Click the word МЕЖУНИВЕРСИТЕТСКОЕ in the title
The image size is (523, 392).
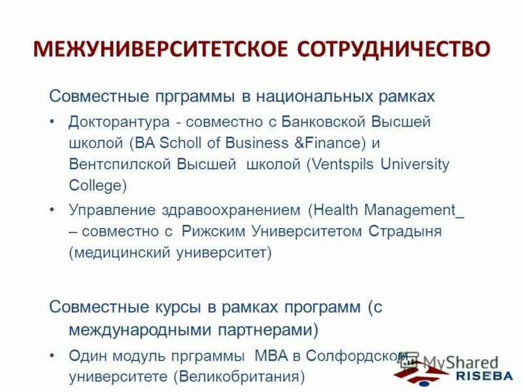[x=160, y=50]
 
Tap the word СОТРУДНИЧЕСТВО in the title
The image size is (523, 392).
[x=394, y=50]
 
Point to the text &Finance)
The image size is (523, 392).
[x=329, y=143]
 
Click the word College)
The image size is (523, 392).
[x=98, y=185]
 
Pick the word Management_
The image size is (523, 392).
[x=414, y=210]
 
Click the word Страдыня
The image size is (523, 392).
[x=406, y=232]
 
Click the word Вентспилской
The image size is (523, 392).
[x=120, y=164]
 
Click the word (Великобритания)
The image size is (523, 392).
[x=240, y=377]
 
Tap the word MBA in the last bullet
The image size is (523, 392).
[x=260, y=356]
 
